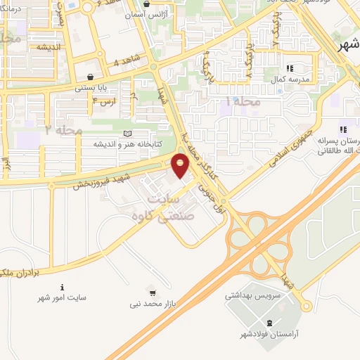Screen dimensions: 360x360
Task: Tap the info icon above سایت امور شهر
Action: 63,287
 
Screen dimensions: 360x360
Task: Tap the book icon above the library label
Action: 127,134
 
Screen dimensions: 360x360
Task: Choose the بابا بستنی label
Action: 91,89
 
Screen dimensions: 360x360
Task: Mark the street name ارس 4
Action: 103,102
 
